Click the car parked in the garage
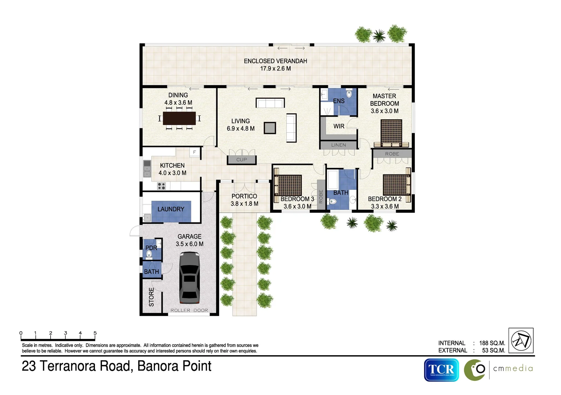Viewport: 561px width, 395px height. pyautogui.click(x=189, y=278)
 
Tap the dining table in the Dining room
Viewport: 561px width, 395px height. pyautogui.click(x=179, y=118)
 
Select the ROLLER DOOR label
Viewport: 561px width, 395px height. pyautogui.click(x=189, y=310)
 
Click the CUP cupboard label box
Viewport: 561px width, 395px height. pyautogui.click(x=241, y=160)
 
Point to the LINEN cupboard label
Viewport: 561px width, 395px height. pyautogui.click(x=339, y=145)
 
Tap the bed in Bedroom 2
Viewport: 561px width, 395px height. pyautogui.click(x=397, y=185)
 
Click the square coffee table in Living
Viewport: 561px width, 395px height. pyautogui.click(x=270, y=128)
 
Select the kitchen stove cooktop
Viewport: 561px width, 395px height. pyautogui.click(x=161, y=186)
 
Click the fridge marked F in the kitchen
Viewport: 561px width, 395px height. pyautogui.click(x=195, y=152)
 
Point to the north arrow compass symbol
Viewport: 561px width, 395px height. pyautogui.click(x=521, y=341)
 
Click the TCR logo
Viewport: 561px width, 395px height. pyautogui.click(x=441, y=370)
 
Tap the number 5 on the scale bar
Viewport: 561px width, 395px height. pyautogui.click(x=95, y=333)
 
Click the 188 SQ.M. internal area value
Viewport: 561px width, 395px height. pyautogui.click(x=492, y=343)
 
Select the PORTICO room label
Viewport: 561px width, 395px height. pyautogui.click(x=244, y=196)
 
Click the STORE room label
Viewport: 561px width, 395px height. pyautogui.click(x=151, y=297)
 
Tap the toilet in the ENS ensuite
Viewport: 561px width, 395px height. pyautogui.click(x=349, y=94)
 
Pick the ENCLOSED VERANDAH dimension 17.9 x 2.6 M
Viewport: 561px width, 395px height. pyautogui.click(x=275, y=68)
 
